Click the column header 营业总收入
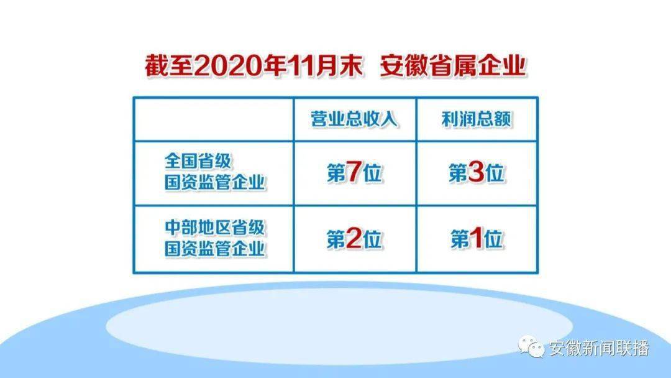354,119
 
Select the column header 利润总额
476,119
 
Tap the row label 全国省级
198,162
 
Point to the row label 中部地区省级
214,228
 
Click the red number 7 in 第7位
354,172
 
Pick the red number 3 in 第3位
476,172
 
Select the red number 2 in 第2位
354,239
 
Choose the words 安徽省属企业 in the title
453,67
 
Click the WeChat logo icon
531,346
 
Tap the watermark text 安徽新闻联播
599,348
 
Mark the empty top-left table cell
214,119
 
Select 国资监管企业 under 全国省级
214,182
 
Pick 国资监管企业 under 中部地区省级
214,248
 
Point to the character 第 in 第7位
336,173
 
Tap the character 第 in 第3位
458,173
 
